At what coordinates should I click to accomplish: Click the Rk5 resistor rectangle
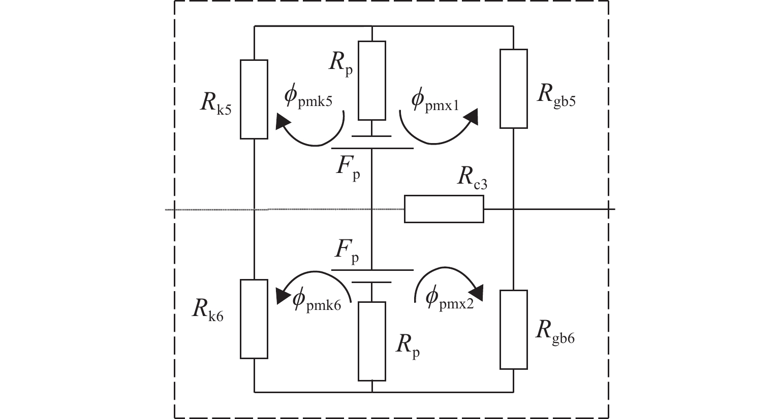point(254,99)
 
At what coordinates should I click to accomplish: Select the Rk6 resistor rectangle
point(254,319)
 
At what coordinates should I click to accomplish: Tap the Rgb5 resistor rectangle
point(513,88)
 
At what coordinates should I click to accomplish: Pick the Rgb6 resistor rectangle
point(513,329)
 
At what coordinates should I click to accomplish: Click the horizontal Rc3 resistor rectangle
point(444,209)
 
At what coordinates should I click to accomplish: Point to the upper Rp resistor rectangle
point(372,80)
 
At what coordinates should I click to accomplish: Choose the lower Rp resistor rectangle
point(372,341)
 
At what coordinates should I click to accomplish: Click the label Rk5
point(216,105)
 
